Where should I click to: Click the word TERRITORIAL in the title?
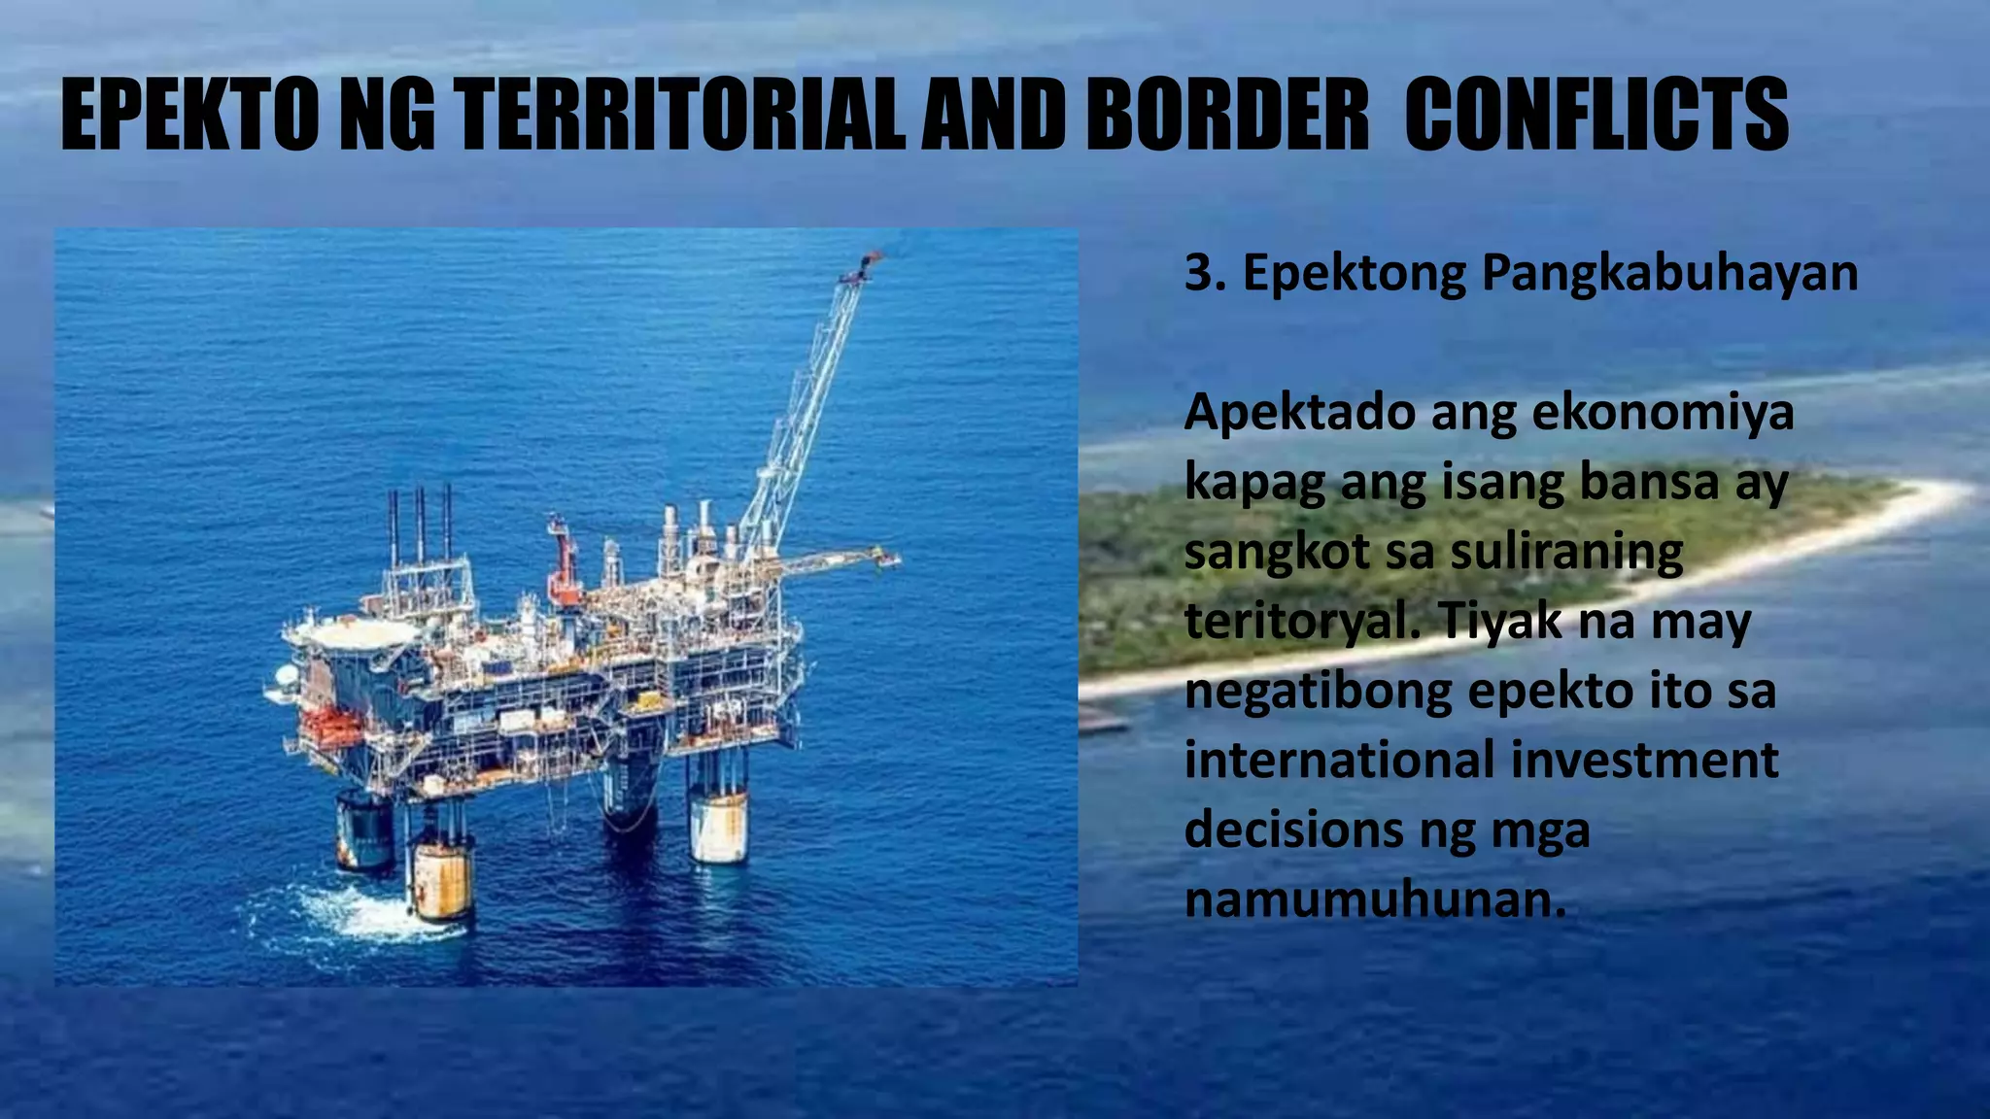coord(680,116)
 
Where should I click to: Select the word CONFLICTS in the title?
coord(1595,116)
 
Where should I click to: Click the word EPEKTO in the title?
coord(189,116)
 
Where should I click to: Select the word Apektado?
coord(1298,413)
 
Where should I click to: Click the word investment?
coord(1644,760)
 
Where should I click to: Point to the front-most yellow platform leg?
coord(441,879)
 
